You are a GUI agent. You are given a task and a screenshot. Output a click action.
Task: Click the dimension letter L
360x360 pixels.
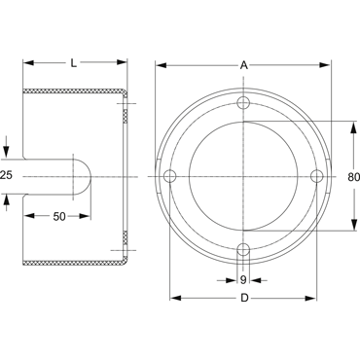74,63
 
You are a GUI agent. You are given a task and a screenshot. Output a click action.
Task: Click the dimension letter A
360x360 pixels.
243,65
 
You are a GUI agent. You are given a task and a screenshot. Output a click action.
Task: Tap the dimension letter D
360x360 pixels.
244,298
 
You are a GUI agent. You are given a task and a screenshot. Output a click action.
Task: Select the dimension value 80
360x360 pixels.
353,177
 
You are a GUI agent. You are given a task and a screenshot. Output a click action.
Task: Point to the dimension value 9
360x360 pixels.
243,280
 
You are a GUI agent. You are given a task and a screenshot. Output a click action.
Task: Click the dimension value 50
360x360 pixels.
59,216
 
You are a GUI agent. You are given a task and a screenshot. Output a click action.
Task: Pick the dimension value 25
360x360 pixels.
6,175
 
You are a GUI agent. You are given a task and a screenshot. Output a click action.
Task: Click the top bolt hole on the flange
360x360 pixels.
243,103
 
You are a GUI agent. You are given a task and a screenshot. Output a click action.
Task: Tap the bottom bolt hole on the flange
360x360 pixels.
243,250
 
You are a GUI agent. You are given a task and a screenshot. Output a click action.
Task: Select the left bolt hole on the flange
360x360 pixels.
169,176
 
